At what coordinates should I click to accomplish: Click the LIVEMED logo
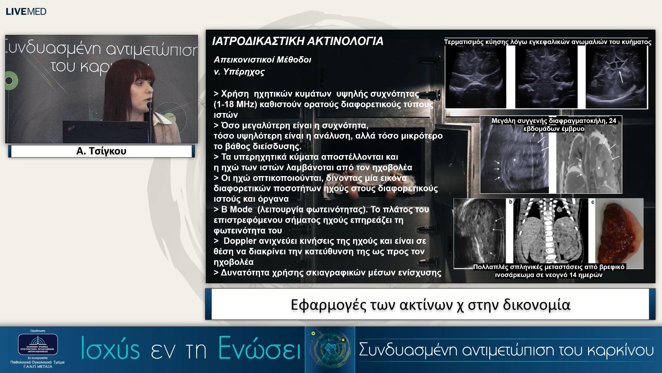click(x=26, y=11)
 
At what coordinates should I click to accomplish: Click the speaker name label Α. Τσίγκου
click(x=101, y=151)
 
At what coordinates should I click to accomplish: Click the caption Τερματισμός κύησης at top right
click(x=547, y=42)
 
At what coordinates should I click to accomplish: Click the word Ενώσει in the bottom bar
click(x=259, y=349)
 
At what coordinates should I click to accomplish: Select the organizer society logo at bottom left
click(x=38, y=344)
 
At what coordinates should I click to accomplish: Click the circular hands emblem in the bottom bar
click(x=330, y=349)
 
